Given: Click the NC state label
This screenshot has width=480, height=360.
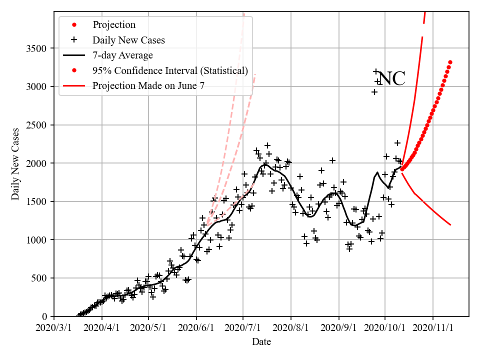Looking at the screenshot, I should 391,79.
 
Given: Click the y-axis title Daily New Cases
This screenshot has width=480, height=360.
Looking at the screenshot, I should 15,164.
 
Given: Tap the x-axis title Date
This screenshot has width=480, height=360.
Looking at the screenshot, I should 261,342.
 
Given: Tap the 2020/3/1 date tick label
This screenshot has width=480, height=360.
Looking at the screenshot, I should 54,328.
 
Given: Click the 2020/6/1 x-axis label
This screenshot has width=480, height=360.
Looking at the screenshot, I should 196,328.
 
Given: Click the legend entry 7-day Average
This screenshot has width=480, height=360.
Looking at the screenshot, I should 122,55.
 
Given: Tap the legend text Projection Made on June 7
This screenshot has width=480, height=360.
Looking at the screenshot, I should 148,86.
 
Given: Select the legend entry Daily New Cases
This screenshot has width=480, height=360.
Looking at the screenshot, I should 128,39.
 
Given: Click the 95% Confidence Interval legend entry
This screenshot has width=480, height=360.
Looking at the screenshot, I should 170,70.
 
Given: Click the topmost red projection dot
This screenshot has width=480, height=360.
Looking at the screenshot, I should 450,62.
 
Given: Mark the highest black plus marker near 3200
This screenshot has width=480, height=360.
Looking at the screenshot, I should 376,72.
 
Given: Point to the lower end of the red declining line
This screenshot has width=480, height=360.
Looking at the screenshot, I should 450,224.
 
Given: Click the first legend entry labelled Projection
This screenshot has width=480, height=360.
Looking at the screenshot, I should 114,24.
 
